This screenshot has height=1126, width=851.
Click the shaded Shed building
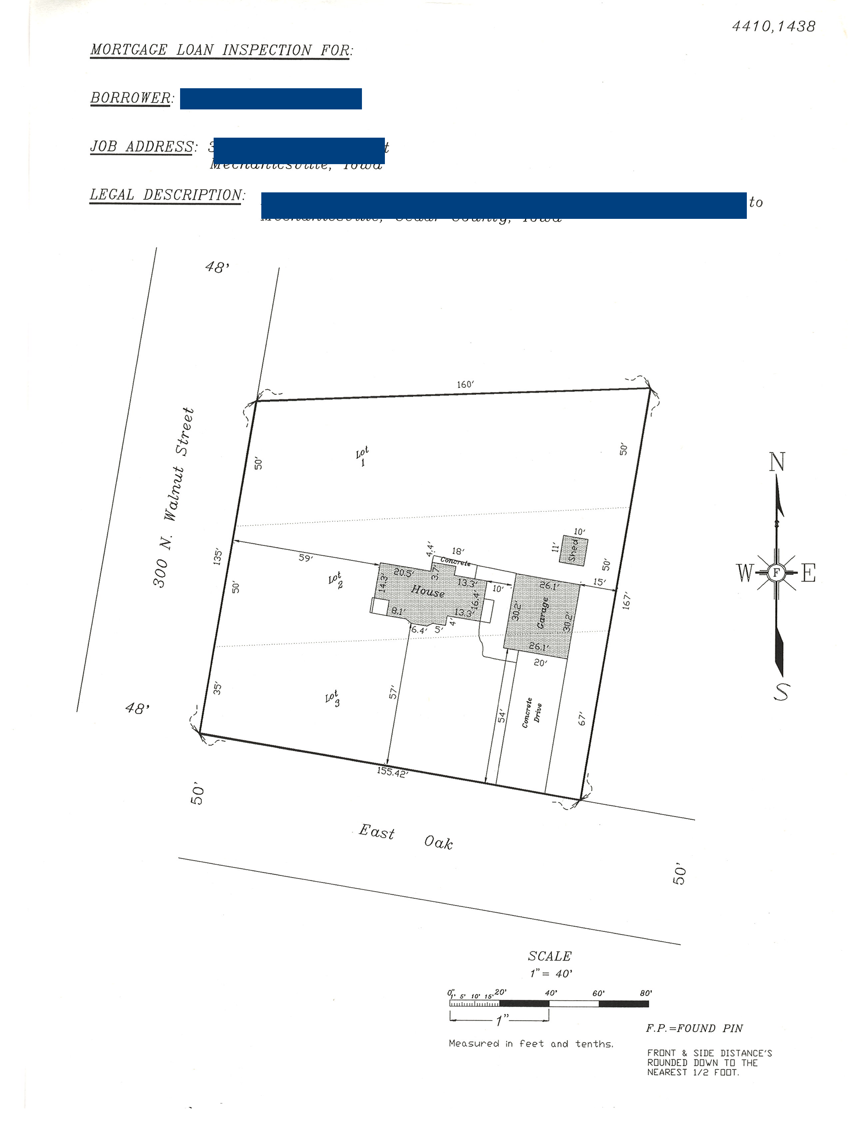[573, 550]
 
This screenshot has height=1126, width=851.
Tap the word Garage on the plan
[543, 613]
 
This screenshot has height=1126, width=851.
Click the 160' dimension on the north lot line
[465, 384]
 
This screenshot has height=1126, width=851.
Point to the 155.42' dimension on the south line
[392, 772]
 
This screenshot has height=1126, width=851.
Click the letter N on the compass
[777, 462]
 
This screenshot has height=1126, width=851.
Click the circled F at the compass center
[776, 573]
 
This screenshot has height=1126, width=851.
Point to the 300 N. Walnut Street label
[173, 498]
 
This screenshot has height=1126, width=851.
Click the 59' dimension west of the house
[305, 558]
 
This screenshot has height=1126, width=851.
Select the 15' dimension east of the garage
[599, 582]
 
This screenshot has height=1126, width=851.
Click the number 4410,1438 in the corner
[773, 26]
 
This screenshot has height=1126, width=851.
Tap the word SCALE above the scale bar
[550, 957]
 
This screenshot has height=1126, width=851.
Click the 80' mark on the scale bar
[646, 993]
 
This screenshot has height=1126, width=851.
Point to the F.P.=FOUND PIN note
[694, 1028]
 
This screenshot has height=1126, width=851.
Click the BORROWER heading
[132, 98]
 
